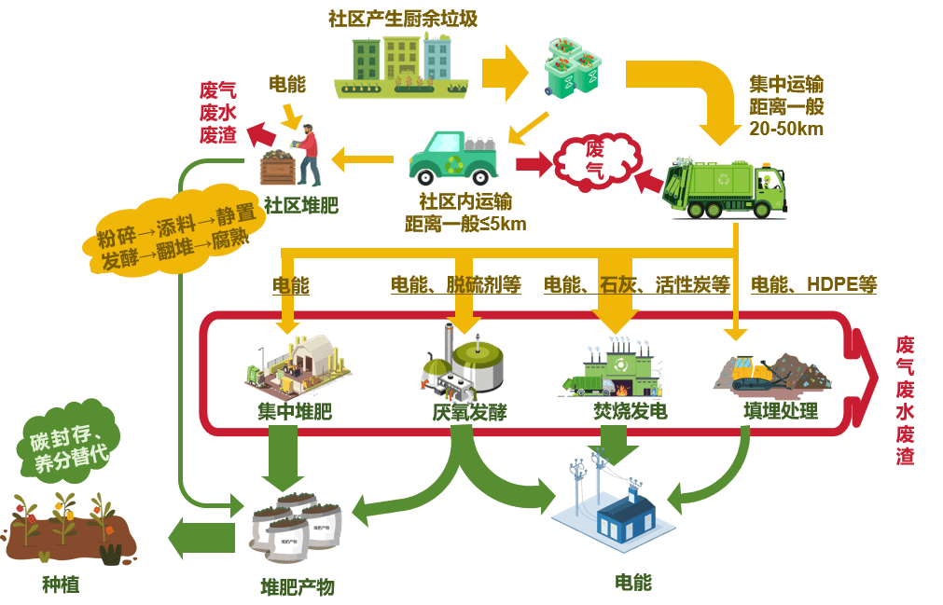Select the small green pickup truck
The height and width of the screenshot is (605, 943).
click(x=451, y=157)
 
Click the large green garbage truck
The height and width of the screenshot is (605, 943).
click(x=726, y=186)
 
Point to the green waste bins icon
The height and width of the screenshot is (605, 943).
click(x=572, y=67)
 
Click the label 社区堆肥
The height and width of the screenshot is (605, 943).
click(x=299, y=204)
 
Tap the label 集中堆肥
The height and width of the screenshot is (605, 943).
click(x=295, y=410)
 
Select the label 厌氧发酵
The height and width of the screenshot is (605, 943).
click(x=469, y=411)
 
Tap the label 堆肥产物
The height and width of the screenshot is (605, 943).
click(x=297, y=586)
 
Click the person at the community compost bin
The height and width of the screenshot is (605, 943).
click(x=308, y=153)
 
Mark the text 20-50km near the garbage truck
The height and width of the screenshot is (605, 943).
click(x=786, y=128)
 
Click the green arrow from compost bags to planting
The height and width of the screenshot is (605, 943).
click(x=201, y=537)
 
